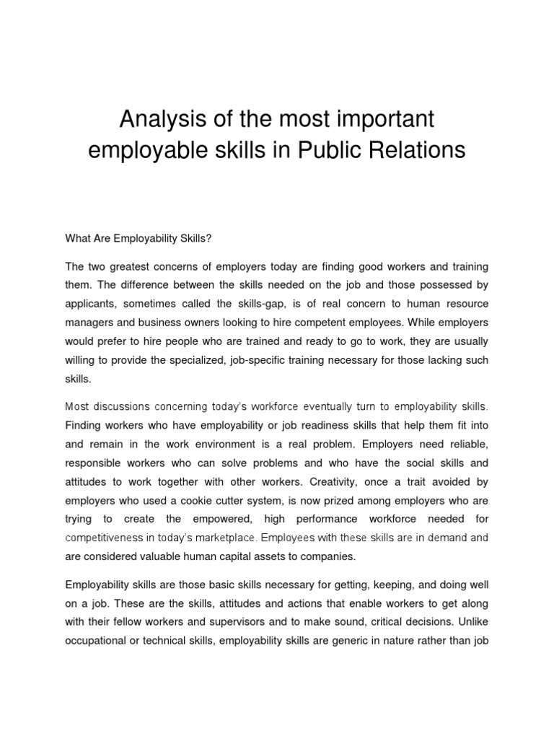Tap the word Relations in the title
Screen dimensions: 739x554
(427, 150)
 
